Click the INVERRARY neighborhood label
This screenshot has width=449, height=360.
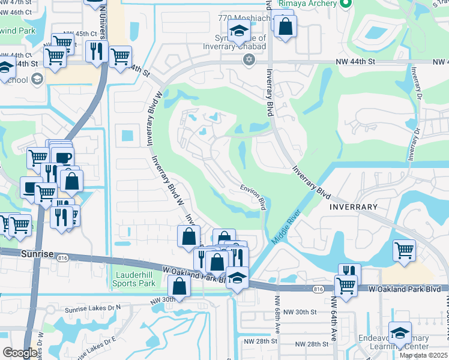tap(354, 207)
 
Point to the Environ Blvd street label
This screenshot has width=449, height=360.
tap(254, 196)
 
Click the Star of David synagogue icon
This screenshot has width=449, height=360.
tap(249, 59)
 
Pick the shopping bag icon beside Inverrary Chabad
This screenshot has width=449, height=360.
tap(285, 26)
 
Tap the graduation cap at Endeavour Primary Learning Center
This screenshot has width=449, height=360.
tap(400, 333)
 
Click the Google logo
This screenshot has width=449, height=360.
tap(20, 353)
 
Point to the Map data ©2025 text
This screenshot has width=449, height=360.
tap(423, 355)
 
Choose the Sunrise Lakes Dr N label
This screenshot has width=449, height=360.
tap(94, 307)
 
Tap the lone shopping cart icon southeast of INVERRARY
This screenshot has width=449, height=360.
tap(404, 250)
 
